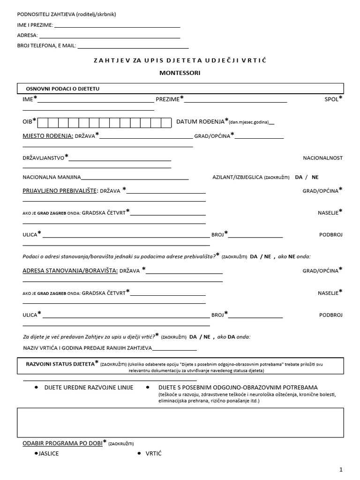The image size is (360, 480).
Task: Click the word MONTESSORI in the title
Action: pos(180,73)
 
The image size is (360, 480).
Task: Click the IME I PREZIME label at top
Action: pos(35,25)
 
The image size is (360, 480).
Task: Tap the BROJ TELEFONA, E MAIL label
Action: pos(46,46)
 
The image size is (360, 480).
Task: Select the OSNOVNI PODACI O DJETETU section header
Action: pos(59,89)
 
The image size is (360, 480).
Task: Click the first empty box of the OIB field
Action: pos(42,123)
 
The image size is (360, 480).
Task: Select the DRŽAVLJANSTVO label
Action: pos(44,158)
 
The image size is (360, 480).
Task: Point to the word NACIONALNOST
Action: pos(322,158)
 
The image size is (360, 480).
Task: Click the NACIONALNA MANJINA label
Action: pos(52,177)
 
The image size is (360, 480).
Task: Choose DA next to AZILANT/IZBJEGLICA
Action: pos(299,177)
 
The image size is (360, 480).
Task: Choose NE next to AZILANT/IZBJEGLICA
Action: pos(315,177)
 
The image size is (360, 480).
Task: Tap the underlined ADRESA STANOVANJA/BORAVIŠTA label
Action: pos(70,270)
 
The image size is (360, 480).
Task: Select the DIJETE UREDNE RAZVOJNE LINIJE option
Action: pos(89,388)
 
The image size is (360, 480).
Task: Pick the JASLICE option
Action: pos(49,454)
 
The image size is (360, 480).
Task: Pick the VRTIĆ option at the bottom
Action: pos(153,454)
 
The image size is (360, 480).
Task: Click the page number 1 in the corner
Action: pos(341,469)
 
